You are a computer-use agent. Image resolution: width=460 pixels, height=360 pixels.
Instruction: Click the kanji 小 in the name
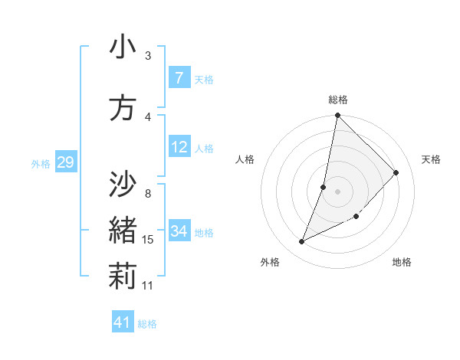(x=122, y=47)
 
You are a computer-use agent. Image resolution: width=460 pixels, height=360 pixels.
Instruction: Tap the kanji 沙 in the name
(x=122, y=184)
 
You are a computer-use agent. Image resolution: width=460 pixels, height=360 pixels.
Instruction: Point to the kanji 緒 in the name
(x=122, y=230)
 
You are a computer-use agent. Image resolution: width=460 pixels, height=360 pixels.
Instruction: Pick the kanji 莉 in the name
(x=122, y=276)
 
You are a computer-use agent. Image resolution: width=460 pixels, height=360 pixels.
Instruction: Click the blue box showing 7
(x=179, y=78)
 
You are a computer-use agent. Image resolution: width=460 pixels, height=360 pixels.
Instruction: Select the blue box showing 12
(x=179, y=147)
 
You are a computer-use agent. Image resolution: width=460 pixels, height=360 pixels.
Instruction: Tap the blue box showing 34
(x=179, y=231)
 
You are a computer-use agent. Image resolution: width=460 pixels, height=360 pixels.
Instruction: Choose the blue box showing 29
(x=65, y=162)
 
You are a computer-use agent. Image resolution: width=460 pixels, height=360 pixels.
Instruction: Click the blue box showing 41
(x=123, y=322)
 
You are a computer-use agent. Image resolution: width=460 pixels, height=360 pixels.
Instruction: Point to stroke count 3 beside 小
(x=147, y=56)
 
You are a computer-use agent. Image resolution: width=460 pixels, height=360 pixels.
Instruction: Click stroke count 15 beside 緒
(x=148, y=240)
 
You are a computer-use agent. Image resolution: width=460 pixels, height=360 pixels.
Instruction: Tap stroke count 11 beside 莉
(x=148, y=286)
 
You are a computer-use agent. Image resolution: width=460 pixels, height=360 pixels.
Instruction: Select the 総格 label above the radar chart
(x=338, y=100)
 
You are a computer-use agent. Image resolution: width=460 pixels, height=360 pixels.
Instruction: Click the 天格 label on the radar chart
(x=431, y=159)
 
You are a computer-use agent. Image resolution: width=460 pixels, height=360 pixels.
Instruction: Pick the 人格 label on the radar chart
(x=245, y=159)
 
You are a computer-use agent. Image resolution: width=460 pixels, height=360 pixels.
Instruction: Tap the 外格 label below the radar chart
(x=270, y=262)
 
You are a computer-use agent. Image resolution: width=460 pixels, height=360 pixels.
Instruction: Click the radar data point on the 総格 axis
(x=337, y=116)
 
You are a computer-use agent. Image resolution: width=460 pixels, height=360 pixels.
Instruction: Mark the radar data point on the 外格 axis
(x=301, y=242)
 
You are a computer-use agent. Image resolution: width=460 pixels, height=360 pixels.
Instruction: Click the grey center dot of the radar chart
(x=337, y=191)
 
